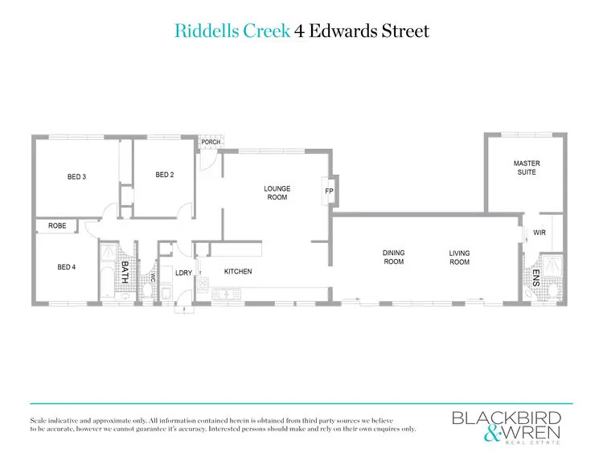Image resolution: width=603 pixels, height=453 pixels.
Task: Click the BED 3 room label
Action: (x=76, y=177)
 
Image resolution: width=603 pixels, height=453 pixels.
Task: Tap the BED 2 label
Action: (x=165, y=175)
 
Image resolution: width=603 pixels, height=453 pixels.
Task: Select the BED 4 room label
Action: (x=67, y=267)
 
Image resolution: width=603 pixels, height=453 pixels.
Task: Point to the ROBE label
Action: (x=57, y=226)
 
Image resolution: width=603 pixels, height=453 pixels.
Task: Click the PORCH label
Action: (x=211, y=142)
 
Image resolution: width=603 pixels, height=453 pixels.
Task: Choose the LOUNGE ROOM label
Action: (x=277, y=193)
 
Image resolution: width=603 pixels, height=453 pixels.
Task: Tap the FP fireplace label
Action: (x=329, y=191)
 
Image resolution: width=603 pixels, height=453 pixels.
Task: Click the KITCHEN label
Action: (x=238, y=272)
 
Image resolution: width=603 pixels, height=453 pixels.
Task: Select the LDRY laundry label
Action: (x=184, y=274)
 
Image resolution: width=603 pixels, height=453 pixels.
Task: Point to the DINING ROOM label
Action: (x=393, y=257)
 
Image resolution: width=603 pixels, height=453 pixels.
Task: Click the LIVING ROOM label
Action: (x=459, y=257)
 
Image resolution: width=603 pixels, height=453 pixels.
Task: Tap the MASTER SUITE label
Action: (x=527, y=168)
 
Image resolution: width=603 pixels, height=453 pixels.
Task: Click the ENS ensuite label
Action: (x=535, y=278)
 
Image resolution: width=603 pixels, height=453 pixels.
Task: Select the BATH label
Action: (x=125, y=270)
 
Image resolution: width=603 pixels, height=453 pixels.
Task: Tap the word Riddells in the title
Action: (x=203, y=31)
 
